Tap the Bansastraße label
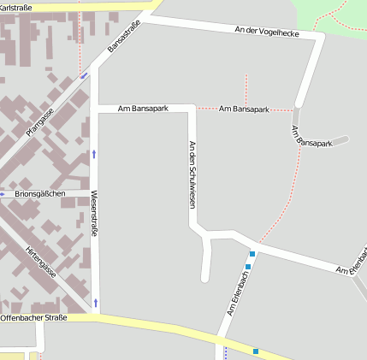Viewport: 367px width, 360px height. (x=124, y=37)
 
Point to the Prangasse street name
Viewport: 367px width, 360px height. (x=40, y=120)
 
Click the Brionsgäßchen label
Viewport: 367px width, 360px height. (x=40, y=194)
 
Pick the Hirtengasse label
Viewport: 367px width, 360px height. (x=40, y=260)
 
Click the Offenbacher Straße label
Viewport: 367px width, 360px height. (x=33, y=318)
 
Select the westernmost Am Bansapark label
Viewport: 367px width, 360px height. (x=143, y=109)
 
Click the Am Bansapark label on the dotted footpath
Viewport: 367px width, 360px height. (x=244, y=109)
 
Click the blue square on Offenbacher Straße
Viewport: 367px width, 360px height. (x=256, y=351)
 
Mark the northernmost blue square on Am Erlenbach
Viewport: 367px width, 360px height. (x=252, y=254)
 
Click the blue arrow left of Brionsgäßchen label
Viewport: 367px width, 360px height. (x=3, y=194)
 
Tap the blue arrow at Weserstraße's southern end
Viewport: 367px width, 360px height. (x=95, y=302)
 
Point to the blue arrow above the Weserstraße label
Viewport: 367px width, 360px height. (x=94, y=155)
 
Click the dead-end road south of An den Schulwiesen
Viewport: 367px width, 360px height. (x=205, y=265)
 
